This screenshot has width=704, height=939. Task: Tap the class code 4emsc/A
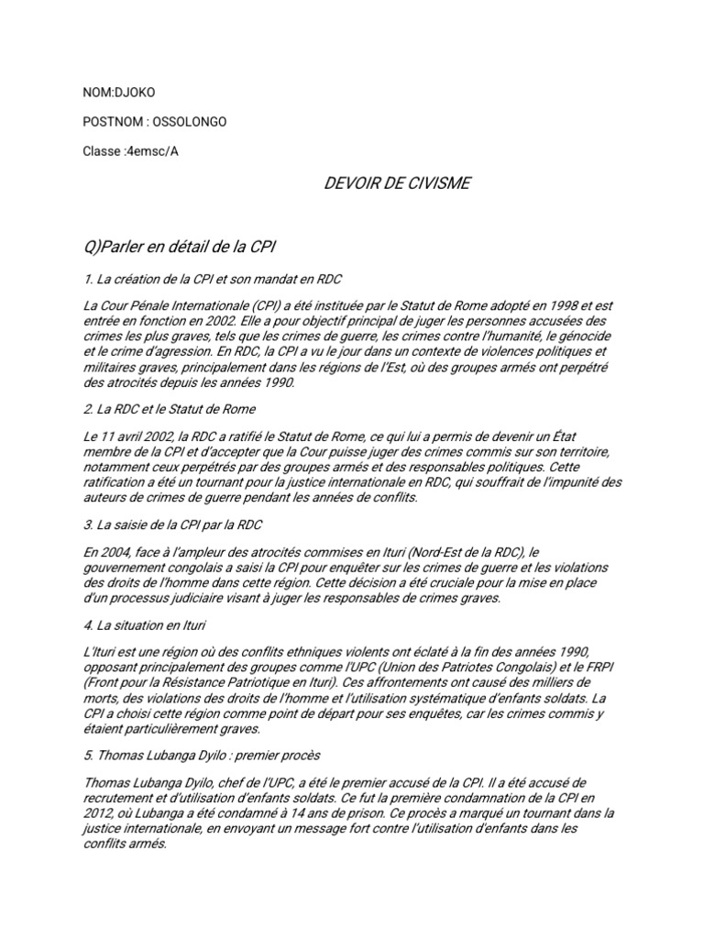pyautogui.click(x=148, y=151)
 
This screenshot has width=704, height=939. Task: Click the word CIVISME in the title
pyautogui.click(x=434, y=183)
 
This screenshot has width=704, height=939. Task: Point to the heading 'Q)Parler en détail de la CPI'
pyautogui.click(x=180, y=248)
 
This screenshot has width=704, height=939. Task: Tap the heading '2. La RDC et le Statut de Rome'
pyautogui.click(x=170, y=409)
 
